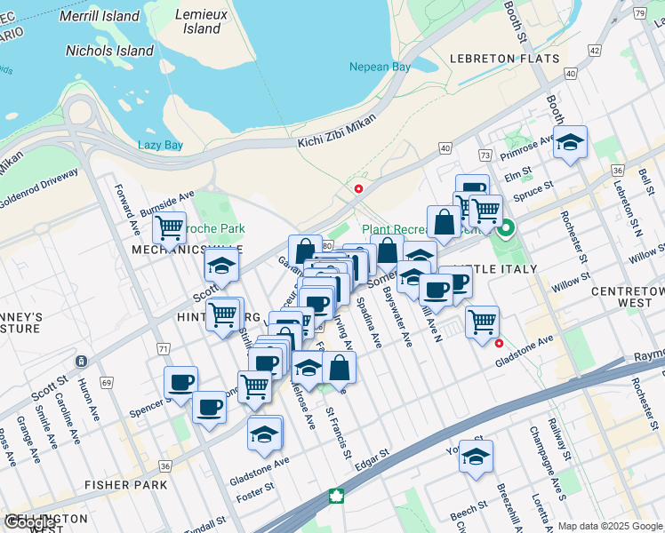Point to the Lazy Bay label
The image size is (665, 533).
point(160,145)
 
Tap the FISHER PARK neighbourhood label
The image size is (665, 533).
point(125,485)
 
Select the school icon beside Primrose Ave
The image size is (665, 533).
point(570,142)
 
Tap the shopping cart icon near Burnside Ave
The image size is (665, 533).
point(169,227)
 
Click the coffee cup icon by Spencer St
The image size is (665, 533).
point(180,382)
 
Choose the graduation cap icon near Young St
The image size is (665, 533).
point(476,457)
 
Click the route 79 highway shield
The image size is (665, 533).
point(637,13)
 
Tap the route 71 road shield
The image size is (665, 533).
point(163,349)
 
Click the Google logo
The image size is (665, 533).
point(32,521)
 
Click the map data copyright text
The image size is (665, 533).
point(609,526)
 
